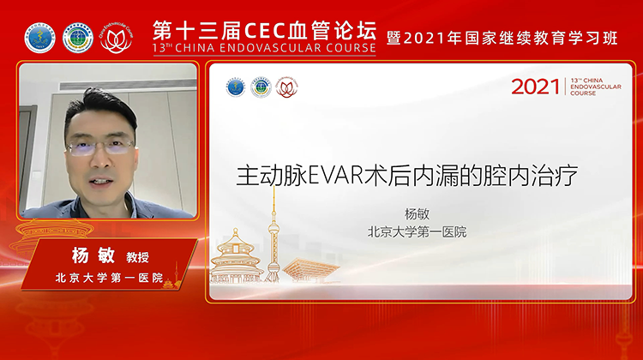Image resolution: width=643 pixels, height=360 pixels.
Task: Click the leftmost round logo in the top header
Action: [40, 36]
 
